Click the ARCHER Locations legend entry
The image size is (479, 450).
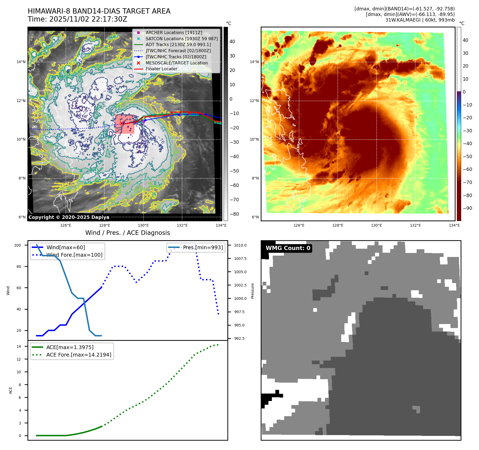pos(174,32)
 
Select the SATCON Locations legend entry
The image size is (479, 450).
pos(182,39)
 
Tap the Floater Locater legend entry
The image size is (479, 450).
pos(161,69)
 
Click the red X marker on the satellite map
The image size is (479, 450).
pos(122,123)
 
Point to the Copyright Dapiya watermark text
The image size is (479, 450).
pos(69,217)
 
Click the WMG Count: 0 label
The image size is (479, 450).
pos(288,248)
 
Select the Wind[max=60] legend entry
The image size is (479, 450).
pos(66,247)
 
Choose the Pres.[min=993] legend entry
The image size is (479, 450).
pos(203,247)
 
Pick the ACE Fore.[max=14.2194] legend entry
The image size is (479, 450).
pos(79,355)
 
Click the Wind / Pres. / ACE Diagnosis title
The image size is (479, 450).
pos(127,233)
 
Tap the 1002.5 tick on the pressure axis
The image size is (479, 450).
pos(240,285)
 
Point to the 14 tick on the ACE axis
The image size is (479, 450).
pos(19,346)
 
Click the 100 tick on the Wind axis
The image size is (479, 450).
pos(18,245)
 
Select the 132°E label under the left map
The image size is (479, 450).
pos(182,225)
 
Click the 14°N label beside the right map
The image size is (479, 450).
pos(254,62)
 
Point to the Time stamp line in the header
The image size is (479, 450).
pos(77,19)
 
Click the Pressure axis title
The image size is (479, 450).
pos(252,291)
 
